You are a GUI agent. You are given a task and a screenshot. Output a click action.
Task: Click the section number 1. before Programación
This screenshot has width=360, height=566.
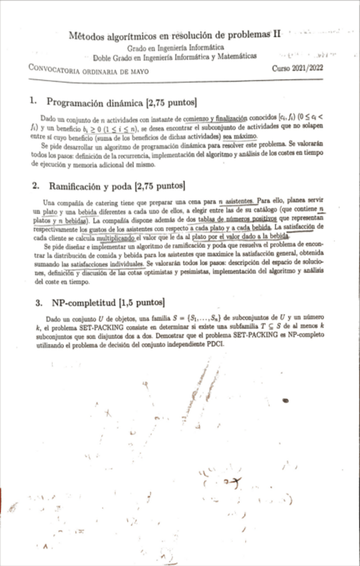(33, 102)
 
